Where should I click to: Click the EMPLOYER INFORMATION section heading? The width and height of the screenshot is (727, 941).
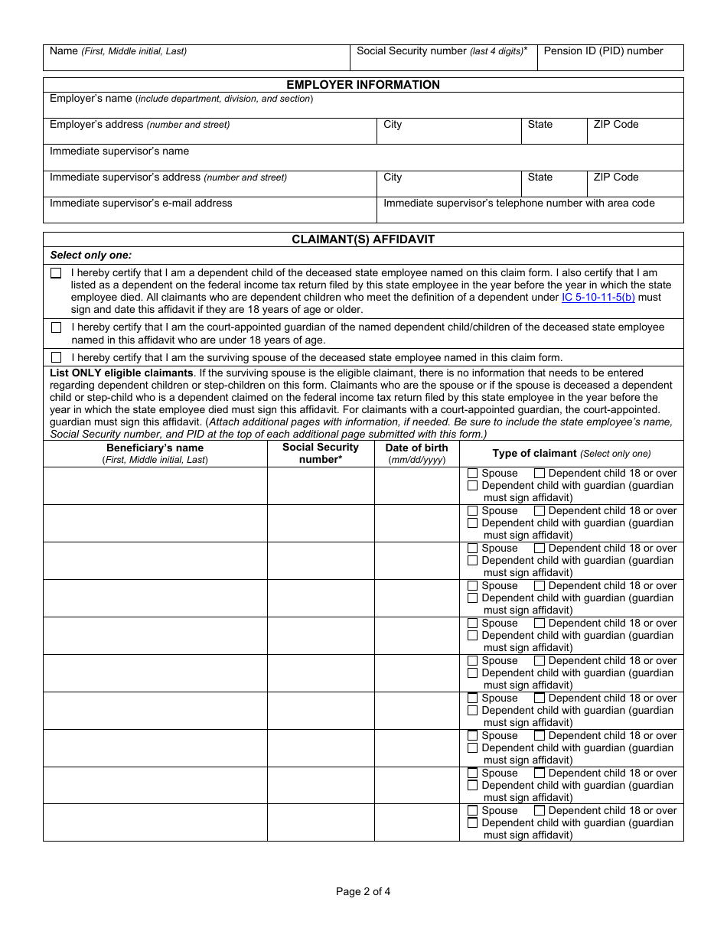(363, 85)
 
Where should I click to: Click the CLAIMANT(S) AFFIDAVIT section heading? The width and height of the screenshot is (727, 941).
(363, 239)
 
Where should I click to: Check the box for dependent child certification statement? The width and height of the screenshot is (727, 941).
(57, 273)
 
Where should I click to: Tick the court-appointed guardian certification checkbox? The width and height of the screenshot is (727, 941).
(57, 327)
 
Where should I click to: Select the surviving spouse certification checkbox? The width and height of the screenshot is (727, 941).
(57, 357)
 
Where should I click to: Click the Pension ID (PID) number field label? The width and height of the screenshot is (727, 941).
(603, 51)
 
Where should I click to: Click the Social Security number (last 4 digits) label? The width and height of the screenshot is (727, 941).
(442, 51)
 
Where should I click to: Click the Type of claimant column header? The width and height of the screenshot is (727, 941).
(571, 454)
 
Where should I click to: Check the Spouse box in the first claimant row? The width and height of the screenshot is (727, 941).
(473, 474)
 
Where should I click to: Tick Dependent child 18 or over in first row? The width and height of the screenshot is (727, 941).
(540, 474)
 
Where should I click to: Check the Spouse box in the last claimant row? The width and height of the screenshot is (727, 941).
(473, 811)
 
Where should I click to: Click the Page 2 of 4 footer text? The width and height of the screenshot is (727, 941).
(363, 891)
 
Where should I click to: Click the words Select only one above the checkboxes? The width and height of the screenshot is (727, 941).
(90, 255)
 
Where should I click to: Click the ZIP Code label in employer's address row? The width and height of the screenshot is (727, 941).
(615, 125)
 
